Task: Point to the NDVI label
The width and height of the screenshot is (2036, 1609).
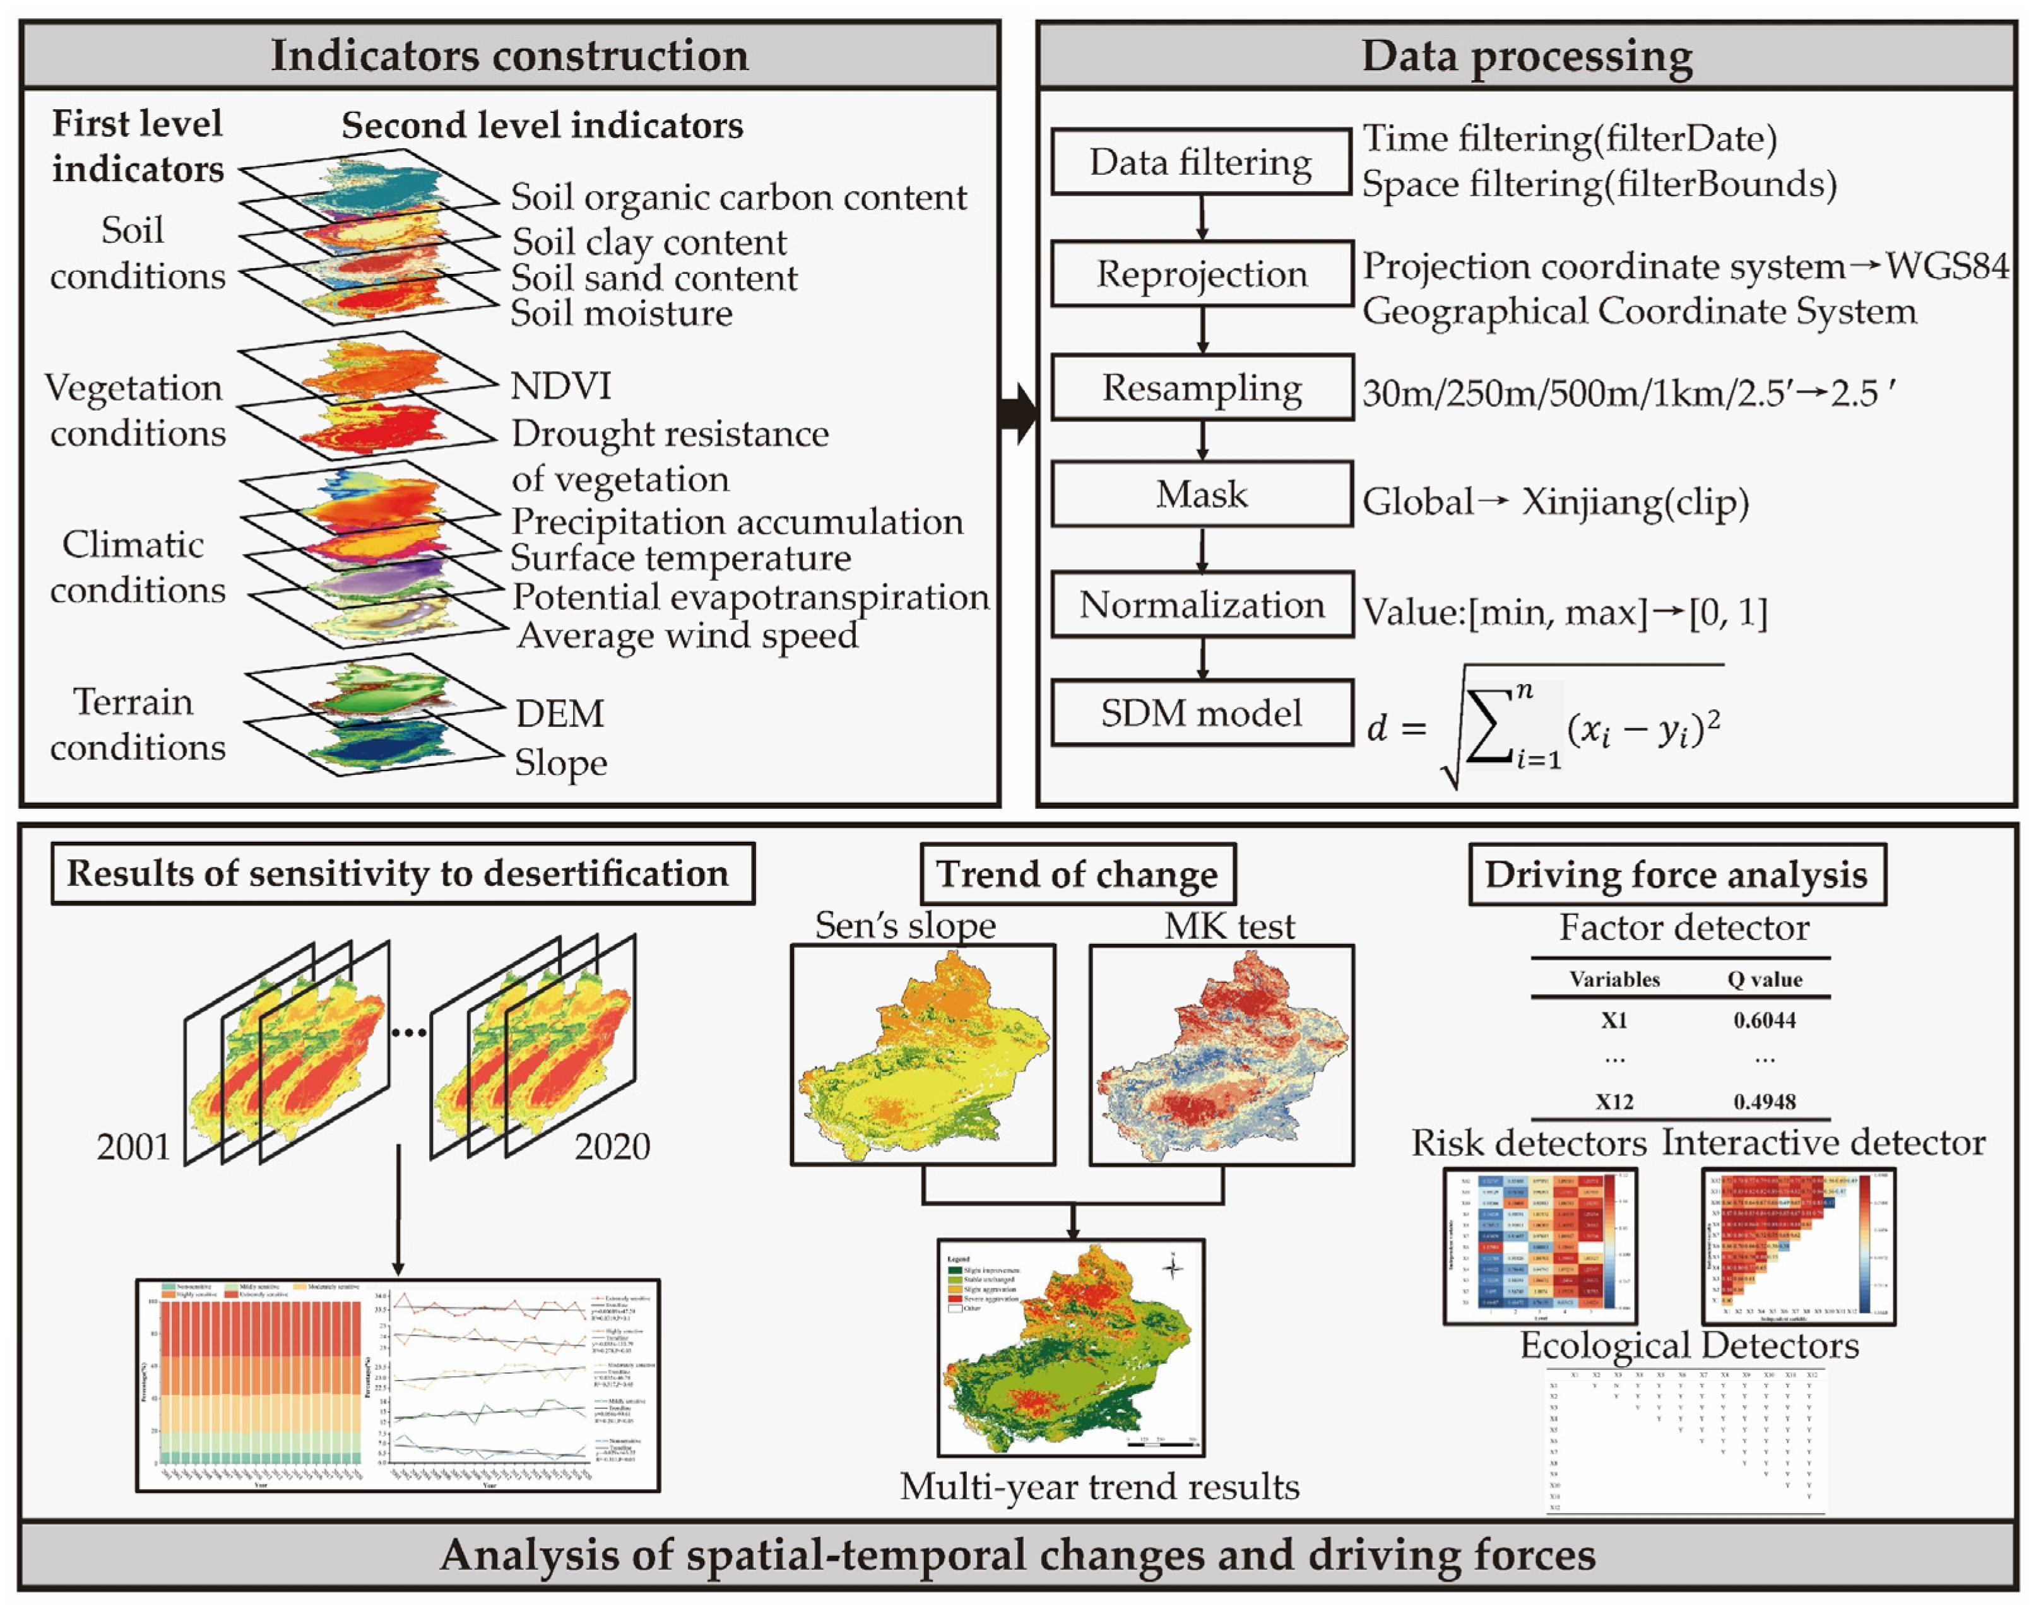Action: point(560,386)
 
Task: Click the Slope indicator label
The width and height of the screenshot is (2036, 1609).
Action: point(560,762)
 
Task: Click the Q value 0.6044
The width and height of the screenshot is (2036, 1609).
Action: point(1764,1020)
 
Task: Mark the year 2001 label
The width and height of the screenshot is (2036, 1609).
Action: point(133,1146)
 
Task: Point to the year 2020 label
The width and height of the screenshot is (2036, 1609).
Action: point(612,1146)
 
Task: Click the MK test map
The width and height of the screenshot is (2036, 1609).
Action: point(1221,1055)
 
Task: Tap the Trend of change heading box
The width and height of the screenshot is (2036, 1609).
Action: point(1077,874)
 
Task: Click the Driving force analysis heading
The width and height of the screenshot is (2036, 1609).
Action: point(1676,874)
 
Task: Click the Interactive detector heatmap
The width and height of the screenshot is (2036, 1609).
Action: point(1797,1246)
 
